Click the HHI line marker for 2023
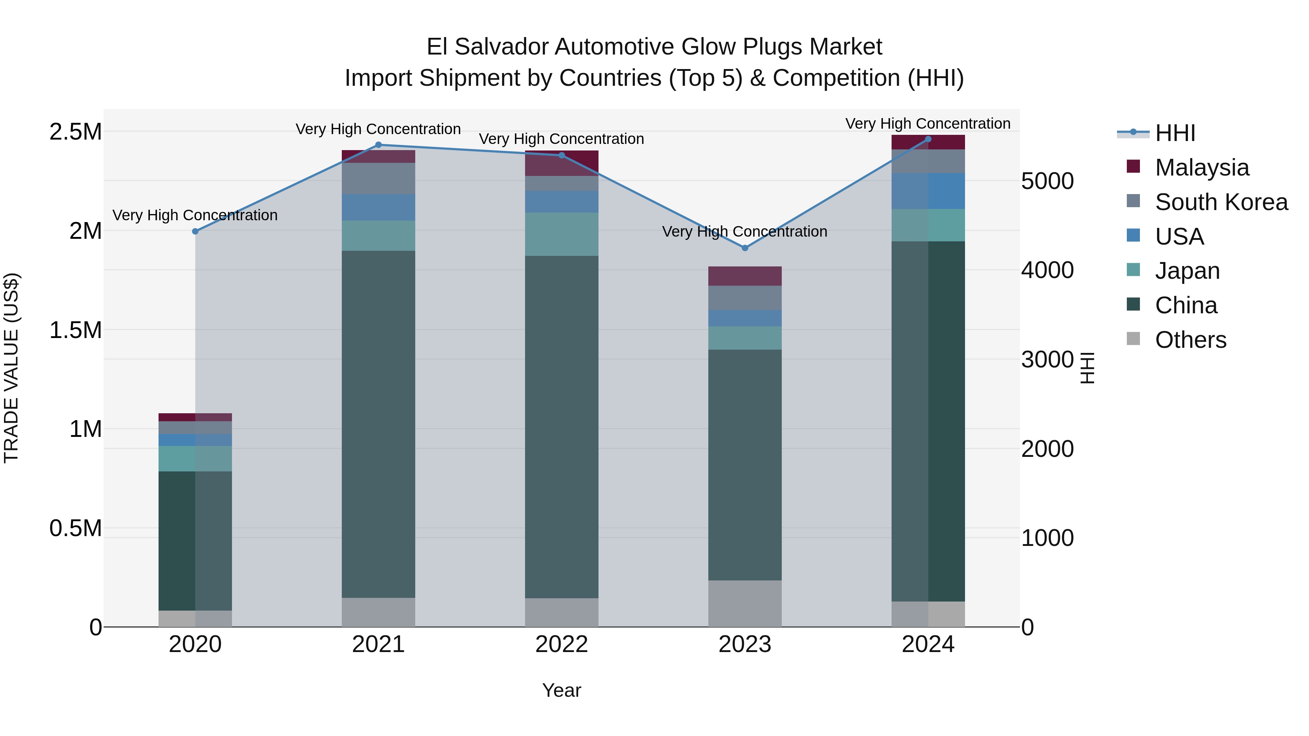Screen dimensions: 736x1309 (745, 248)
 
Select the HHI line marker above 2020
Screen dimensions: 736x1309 (195, 231)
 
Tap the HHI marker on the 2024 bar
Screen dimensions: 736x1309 (928, 139)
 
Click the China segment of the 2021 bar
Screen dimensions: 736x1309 (378, 424)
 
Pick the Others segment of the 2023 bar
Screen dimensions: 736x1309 (745, 603)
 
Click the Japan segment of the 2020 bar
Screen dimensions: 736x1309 (195, 459)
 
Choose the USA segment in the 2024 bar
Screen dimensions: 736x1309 (928, 191)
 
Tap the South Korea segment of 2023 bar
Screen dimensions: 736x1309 (745, 298)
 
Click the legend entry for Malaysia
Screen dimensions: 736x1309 (1201, 168)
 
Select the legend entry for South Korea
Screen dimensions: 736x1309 (1221, 202)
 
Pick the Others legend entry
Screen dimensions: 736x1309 (1190, 340)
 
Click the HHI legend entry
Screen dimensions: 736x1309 (1175, 133)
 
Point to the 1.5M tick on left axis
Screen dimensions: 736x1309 (76, 330)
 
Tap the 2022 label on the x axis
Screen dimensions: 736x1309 (561, 644)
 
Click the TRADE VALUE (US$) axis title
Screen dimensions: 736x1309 (11, 368)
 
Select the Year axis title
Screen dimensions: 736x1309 (561, 690)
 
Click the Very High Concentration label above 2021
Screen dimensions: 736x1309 (378, 129)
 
